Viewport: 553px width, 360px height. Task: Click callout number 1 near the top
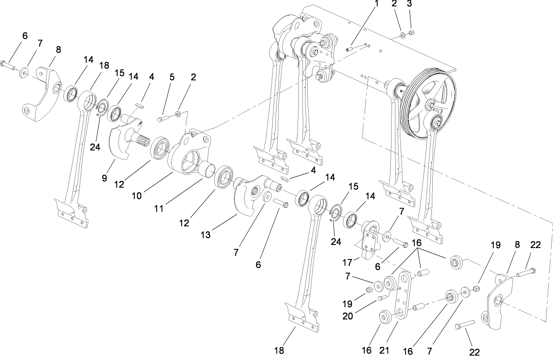(376, 4)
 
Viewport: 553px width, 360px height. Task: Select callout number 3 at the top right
(409, 4)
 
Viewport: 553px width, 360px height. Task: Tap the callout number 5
(172, 77)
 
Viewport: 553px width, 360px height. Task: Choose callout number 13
(206, 235)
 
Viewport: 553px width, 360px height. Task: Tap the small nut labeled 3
(411, 33)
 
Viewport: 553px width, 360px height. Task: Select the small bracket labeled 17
(369, 237)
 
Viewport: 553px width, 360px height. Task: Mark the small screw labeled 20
(381, 298)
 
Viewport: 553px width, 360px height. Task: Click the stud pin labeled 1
(351, 49)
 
